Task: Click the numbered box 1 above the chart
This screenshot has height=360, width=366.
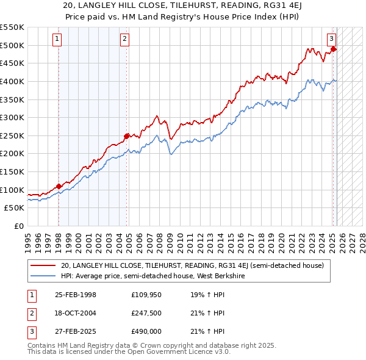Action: (x=57, y=40)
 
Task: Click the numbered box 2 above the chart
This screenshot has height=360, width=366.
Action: (x=124, y=40)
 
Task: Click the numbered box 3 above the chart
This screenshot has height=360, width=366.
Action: (x=332, y=40)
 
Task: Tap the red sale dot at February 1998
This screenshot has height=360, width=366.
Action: (x=59, y=186)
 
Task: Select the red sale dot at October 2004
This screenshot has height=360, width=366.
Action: (x=126, y=136)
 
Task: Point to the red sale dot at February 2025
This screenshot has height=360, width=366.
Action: (x=333, y=49)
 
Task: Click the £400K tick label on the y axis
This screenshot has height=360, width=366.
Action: (x=12, y=81)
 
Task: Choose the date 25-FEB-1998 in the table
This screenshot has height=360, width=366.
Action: (x=76, y=295)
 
